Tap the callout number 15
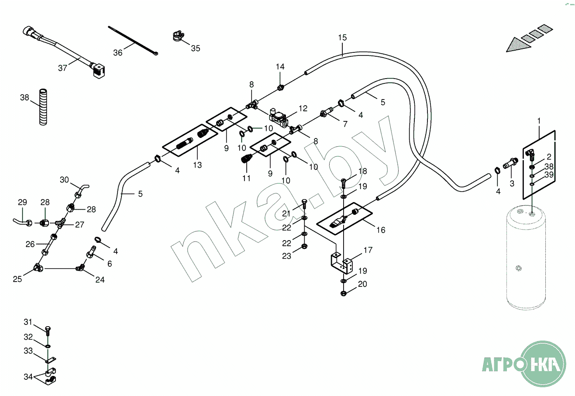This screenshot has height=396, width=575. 342,38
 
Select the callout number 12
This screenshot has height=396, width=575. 303,108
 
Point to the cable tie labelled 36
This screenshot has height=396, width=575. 133,41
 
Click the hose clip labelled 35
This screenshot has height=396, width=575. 176,36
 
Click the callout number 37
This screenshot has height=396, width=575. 63,68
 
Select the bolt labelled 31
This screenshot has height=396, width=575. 48,329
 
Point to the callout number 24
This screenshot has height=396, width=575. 100,280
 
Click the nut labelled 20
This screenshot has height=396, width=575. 344,293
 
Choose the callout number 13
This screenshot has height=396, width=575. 197,165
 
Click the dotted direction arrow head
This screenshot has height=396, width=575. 516,45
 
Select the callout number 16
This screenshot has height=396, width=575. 381,230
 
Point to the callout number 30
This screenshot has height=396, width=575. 65,180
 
